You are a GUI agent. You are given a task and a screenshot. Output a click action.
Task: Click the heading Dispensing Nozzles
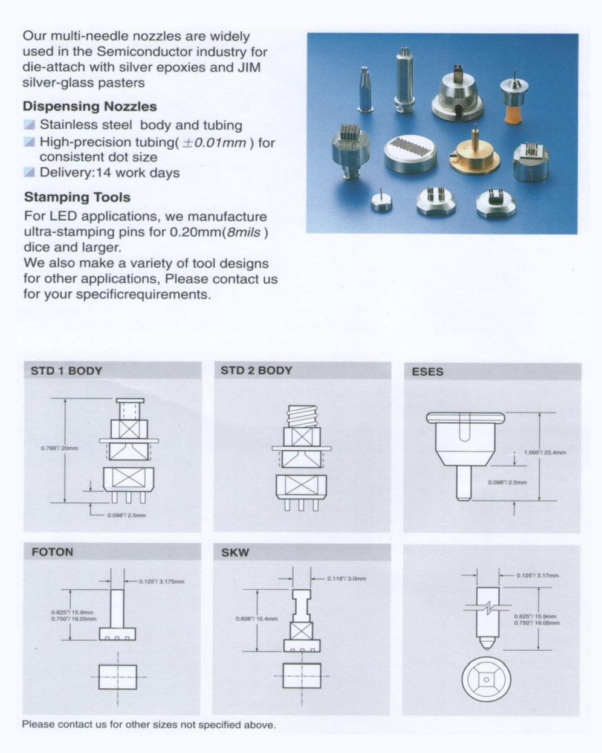pyautogui.click(x=89, y=106)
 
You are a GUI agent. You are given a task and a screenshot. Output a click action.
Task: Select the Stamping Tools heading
pyautogui.click(x=77, y=197)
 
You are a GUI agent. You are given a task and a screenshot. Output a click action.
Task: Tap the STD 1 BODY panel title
pyautogui.click(x=66, y=371)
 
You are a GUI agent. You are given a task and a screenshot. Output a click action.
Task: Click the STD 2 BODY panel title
pyautogui.click(x=256, y=370)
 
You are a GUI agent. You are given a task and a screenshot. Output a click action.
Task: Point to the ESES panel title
pyautogui.click(x=427, y=372)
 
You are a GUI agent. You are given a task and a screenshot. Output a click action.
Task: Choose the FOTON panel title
pyautogui.click(x=52, y=552)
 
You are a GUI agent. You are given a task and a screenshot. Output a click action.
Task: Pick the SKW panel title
pyautogui.click(x=235, y=552)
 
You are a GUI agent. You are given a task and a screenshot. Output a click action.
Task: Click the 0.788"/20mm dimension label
pyautogui.click(x=59, y=448)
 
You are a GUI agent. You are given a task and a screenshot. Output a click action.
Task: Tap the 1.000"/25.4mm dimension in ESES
pyautogui.click(x=545, y=452)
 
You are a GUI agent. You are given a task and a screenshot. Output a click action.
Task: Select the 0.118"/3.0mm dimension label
pyautogui.click(x=346, y=578)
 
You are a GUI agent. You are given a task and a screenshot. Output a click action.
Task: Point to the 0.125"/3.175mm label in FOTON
pyautogui.click(x=161, y=581)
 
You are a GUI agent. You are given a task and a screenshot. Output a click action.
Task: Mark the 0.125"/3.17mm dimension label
pyautogui.click(x=537, y=575)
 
